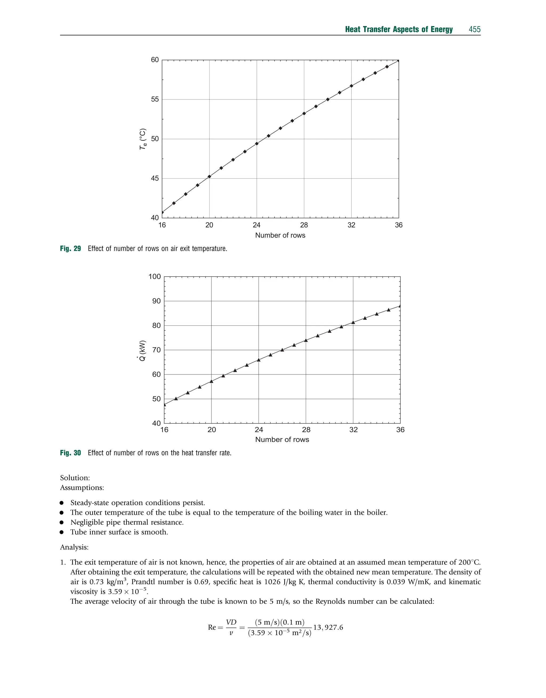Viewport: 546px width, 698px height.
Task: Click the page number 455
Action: click(474, 29)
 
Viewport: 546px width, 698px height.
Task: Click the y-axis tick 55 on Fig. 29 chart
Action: click(155, 99)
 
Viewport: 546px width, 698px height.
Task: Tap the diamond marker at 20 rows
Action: click(209, 177)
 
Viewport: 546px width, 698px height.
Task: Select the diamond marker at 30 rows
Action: click(328, 99)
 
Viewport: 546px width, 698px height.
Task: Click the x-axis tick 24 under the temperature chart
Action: click(256, 225)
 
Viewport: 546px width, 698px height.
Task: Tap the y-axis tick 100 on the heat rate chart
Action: click(154, 277)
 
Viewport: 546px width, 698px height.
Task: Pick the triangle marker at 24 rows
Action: click(259, 360)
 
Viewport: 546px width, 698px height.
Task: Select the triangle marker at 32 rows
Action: click(353, 322)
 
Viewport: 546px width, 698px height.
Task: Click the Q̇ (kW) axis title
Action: click(142, 350)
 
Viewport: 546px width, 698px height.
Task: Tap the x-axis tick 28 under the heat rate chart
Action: click(306, 430)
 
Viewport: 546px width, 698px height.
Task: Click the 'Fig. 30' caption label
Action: click(70, 453)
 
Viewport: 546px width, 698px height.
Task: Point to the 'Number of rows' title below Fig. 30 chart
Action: click(282, 440)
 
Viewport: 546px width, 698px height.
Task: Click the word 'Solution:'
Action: click(75, 478)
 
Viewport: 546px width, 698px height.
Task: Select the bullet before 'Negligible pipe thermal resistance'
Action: click(62, 522)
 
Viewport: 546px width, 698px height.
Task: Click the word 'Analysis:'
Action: click(74, 547)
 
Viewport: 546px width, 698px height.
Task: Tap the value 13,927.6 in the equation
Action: click(328, 627)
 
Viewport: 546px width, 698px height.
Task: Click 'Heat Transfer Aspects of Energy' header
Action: click(399, 29)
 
